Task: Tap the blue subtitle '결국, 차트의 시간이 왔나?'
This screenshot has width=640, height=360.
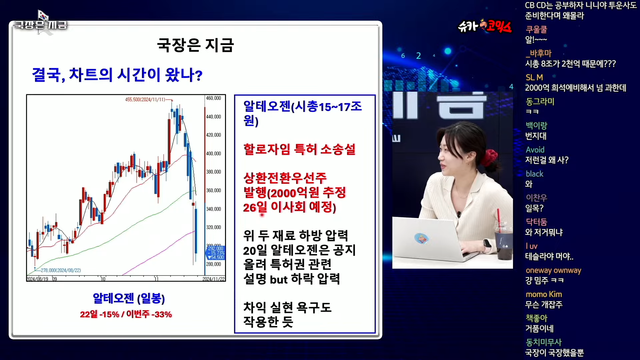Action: click(118, 74)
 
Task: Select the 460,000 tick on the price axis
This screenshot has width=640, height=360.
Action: click(212, 99)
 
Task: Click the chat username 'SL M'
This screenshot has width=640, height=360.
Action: click(534, 76)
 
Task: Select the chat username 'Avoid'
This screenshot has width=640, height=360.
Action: click(535, 149)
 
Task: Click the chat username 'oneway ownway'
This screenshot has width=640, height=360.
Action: click(553, 269)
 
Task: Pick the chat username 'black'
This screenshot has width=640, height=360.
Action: click(534, 173)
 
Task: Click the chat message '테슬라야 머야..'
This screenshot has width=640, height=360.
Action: click(551, 256)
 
